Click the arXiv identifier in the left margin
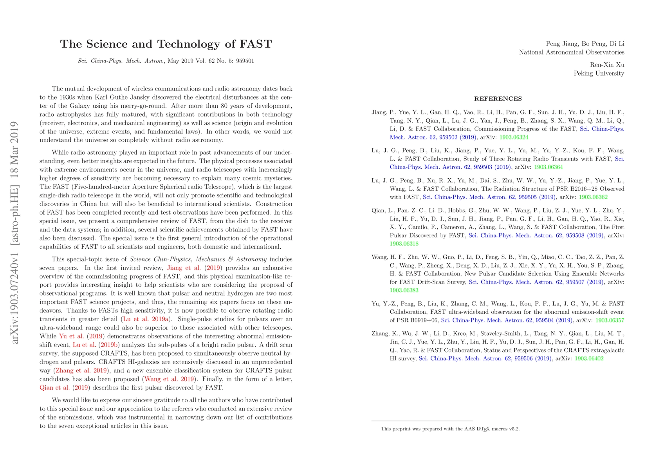[x=15, y=233]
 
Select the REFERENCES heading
[x=498, y=99]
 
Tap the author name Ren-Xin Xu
[x=607, y=65]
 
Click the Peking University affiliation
[x=599, y=73]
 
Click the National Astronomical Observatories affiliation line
[x=572, y=52]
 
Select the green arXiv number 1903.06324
[x=514, y=137]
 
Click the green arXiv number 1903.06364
[x=548, y=167]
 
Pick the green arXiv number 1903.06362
[x=593, y=197]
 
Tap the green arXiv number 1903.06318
[x=404, y=244]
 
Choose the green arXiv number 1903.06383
[x=404, y=290]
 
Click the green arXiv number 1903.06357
[x=610, y=320]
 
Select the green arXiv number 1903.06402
[x=589, y=358]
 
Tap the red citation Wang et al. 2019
[x=170, y=379]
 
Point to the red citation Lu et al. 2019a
[x=145, y=319]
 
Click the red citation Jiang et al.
[x=184, y=268]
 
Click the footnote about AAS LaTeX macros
[x=450, y=429]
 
